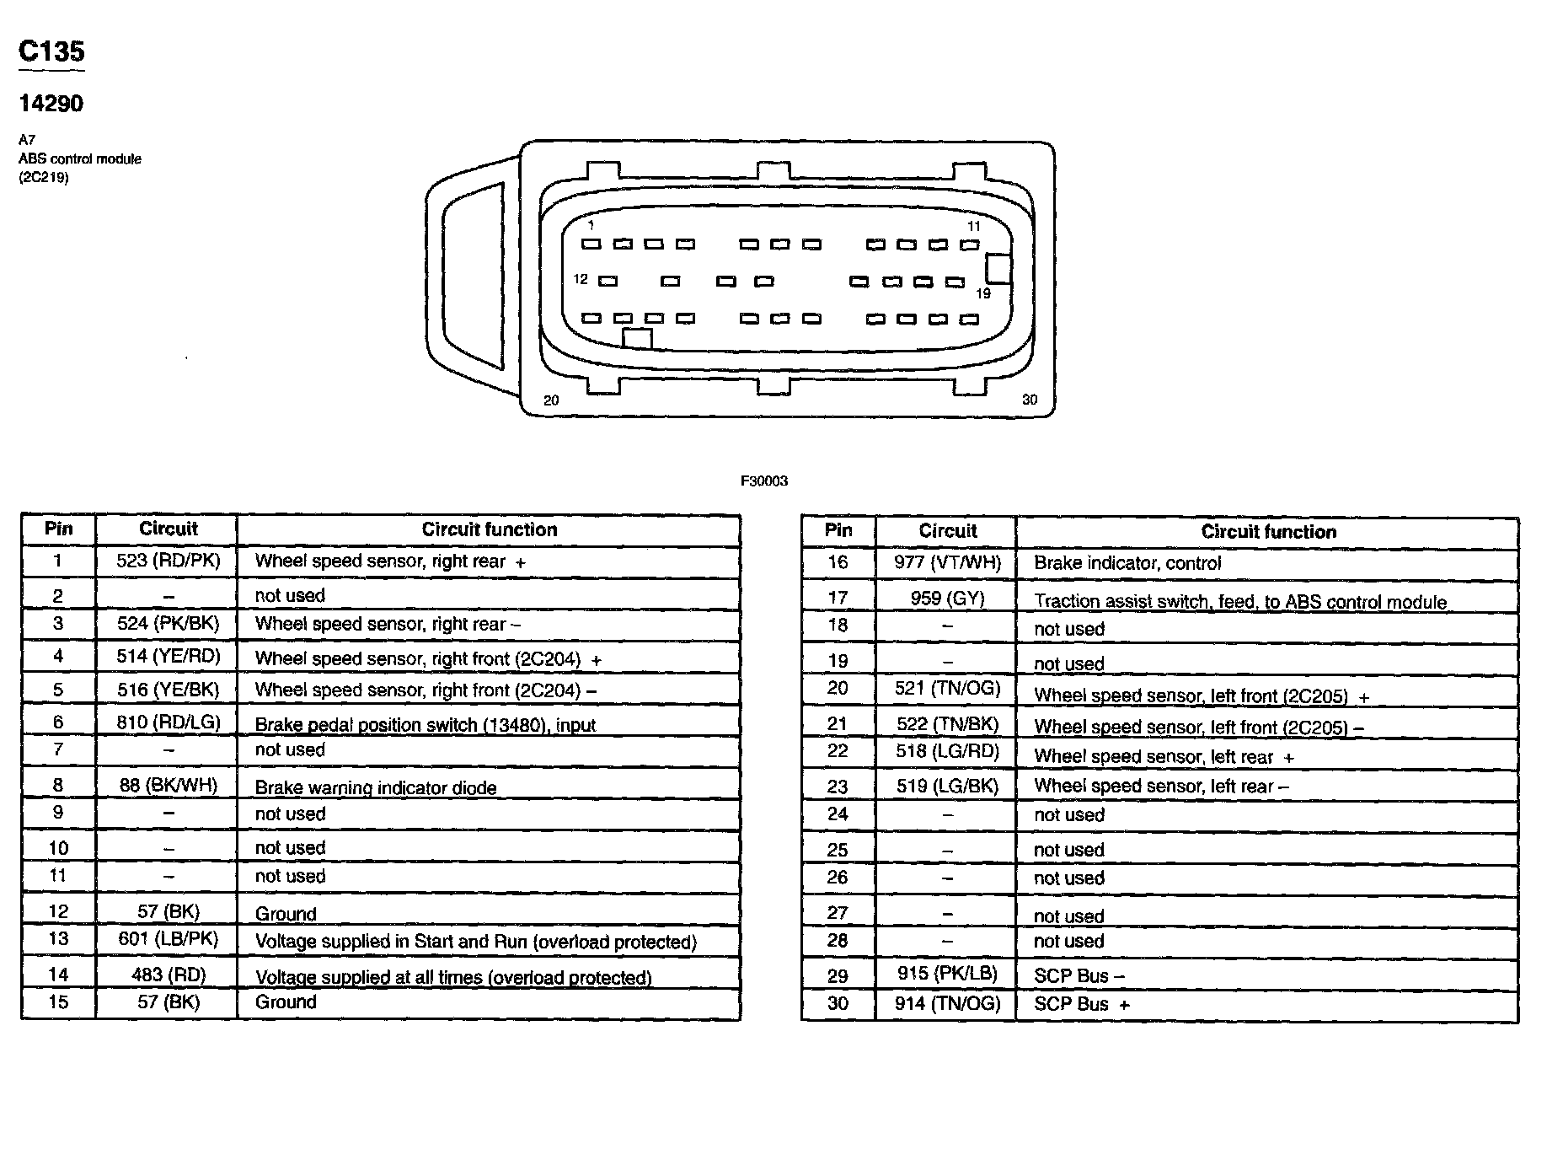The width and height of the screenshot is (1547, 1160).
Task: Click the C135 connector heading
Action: click(51, 52)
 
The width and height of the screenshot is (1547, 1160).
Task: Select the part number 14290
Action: click(51, 104)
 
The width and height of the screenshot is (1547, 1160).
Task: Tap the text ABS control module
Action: click(80, 158)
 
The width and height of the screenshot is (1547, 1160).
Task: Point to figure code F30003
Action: click(763, 481)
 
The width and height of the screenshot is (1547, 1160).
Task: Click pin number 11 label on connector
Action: click(973, 226)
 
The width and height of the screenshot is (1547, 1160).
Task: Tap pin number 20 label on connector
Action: click(551, 400)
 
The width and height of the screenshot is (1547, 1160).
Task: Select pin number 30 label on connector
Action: click(1029, 400)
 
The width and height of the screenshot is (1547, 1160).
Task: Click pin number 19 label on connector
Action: click(983, 293)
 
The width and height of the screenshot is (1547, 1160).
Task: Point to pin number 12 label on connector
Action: click(581, 279)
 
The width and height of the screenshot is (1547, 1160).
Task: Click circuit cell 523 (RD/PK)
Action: click(168, 561)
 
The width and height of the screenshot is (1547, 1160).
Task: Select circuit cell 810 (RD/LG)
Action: click(168, 722)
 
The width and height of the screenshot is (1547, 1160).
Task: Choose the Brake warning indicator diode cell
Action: click(376, 787)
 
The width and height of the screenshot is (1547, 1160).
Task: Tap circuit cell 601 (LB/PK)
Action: click(168, 939)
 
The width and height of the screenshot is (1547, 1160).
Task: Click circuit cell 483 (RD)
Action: click(168, 975)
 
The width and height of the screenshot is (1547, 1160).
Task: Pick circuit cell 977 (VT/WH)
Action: click(947, 562)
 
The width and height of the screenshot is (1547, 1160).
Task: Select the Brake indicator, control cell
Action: click(1127, 563)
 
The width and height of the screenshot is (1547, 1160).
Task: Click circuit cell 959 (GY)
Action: click(947, 599)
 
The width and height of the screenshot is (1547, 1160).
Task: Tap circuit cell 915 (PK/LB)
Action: click(947, 974)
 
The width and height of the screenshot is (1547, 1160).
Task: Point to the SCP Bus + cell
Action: click(1082, 1004)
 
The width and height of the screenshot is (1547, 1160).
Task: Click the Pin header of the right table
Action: click(838, 530)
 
